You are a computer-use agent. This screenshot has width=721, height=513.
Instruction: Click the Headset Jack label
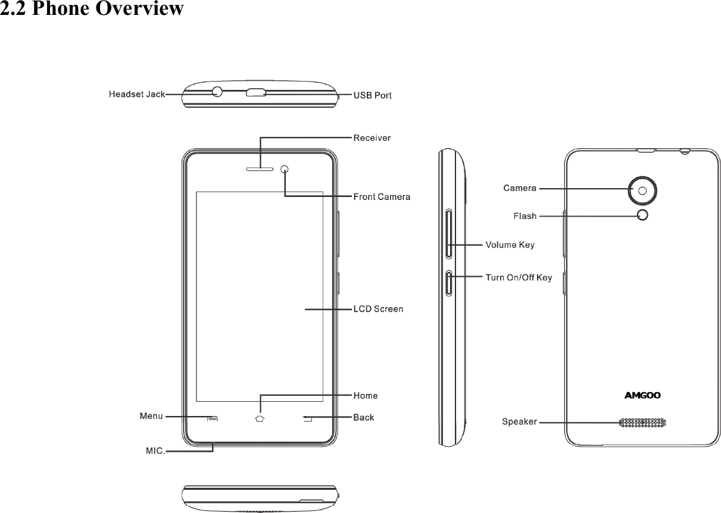pos(136,95)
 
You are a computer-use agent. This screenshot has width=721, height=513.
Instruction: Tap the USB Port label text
pos(373,95)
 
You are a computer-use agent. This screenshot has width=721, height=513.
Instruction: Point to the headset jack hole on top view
pos(217,92)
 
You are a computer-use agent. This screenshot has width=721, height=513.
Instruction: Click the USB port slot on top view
pos(256,93)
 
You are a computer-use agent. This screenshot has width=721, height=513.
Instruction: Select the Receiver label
pos(372,138)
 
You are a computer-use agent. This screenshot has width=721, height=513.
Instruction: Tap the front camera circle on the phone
pos(285,170)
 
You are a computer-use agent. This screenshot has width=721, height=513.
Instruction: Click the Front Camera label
pos(382,196)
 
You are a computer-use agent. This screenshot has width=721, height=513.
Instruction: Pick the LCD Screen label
pos(378,309)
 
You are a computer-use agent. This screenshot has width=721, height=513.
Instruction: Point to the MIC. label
pos(155,451)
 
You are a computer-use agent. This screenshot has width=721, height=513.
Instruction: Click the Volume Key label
pos(510,245)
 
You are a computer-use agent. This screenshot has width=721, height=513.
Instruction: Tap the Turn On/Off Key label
pos(519,277)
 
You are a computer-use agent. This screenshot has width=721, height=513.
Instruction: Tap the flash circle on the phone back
pos(642,215)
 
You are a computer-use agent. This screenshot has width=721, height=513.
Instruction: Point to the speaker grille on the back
pos(642,423)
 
